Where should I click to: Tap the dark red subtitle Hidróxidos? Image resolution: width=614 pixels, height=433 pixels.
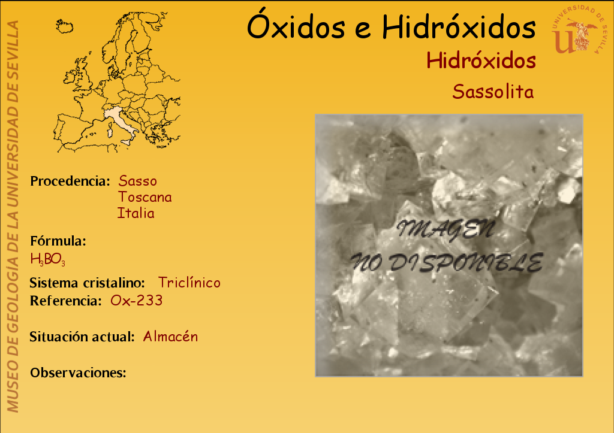(481, 60)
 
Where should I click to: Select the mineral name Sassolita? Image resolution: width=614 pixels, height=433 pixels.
(493, 92)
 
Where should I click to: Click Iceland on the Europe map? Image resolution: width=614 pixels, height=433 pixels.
(65, 26)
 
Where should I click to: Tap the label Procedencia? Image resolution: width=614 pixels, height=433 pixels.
(70, 181)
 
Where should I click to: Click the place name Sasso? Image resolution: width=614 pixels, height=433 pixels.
(137, 181)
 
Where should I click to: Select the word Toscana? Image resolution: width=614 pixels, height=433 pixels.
(145, 197)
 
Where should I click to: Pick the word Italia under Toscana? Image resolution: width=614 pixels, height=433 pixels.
(136, 213)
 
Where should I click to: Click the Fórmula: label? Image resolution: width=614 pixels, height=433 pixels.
(58, 241)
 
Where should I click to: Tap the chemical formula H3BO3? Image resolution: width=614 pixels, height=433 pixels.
(48, 259)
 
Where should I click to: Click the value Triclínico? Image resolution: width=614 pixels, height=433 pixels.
(189, 283)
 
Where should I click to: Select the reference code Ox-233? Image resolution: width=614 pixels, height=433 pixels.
(136, 301)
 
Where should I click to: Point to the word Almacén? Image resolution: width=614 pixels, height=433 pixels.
(170, 337)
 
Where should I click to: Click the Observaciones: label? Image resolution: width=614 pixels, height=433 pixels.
(78, 373)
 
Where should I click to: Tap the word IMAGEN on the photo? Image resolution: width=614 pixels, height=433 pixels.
(445, 229)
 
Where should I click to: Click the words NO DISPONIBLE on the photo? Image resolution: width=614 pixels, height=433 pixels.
(447, 262)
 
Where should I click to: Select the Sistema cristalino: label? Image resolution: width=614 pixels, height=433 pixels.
(87, 283)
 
